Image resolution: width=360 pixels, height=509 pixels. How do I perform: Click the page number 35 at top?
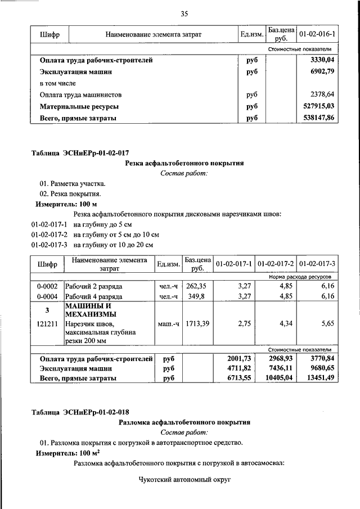pos(183,14)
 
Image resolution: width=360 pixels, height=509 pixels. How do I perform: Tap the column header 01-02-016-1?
pos(318,35)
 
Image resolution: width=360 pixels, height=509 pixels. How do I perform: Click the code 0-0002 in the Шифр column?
pos(48,287)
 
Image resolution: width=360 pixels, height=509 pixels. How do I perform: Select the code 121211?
pos(48,325)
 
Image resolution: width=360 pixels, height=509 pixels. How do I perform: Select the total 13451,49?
pos(320,379)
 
